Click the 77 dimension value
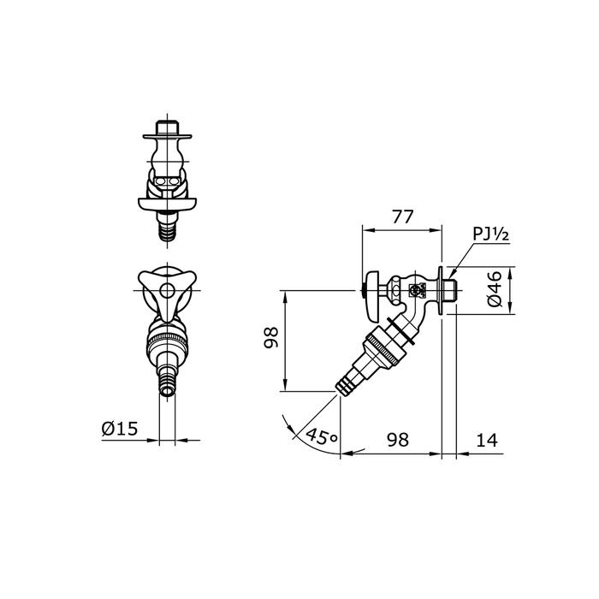403,217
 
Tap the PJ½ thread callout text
491,234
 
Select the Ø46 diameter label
495,288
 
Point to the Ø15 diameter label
120,429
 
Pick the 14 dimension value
487,440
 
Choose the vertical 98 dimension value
271,337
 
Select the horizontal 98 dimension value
398,440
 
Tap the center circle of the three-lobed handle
167,291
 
